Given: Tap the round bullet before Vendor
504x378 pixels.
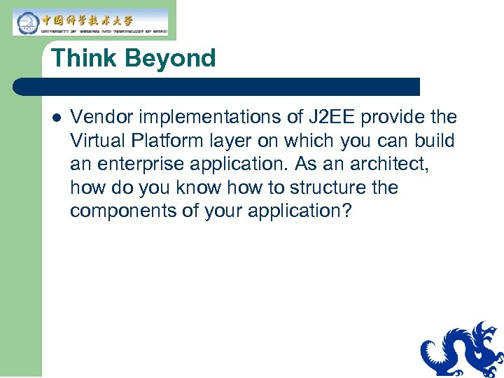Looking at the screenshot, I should [x=56, y=117].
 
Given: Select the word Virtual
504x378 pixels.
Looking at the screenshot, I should [x=96, y=141].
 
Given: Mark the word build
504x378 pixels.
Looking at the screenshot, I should [x=435, y=141].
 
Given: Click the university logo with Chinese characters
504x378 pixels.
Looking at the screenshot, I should [x=91, y=22].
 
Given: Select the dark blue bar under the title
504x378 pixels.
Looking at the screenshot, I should [x=217, y=87].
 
